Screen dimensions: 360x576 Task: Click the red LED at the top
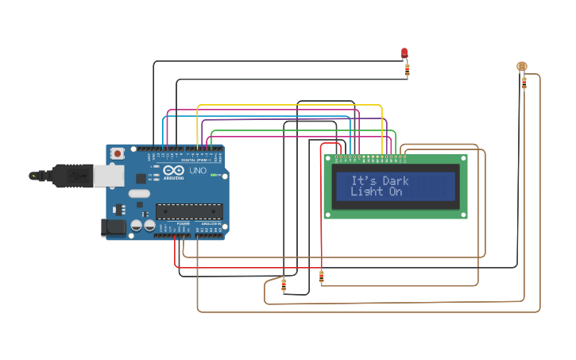(x=404, y=53)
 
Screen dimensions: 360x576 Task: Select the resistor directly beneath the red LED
(x=408, y=70)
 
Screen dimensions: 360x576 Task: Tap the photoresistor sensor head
(x=521, y=66)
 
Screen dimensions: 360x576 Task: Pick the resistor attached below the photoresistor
(x=524, y=82)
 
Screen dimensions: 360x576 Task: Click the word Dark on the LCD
(x=395, y=181)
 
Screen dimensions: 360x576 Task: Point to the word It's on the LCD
(x=364, y=181)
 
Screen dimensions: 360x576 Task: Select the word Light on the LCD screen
(x=367, y=192)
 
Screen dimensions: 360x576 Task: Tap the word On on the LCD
(x=395, y=192)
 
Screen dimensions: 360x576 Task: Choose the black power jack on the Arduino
(x=114, y=227)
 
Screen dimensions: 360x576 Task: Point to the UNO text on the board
(x=197, y=171)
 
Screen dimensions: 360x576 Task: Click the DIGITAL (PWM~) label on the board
(x=196, y=160)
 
